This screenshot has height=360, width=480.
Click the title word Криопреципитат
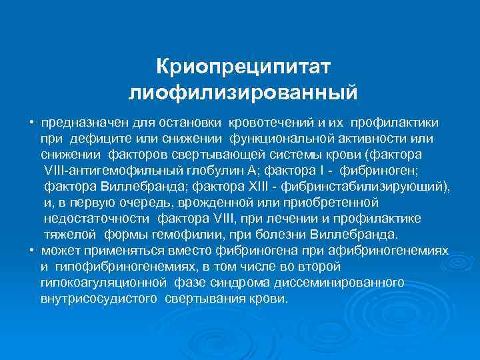click(x=243, y=67)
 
